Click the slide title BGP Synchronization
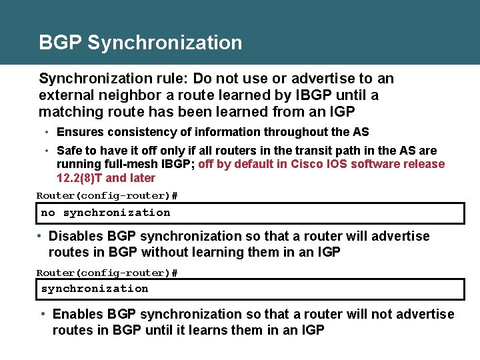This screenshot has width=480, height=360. point(140,43)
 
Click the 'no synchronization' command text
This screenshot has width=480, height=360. point(105,213)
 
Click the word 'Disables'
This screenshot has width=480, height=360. point(76,236)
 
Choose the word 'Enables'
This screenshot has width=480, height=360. point(78,314)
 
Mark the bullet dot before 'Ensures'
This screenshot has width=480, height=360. point(47,132)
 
